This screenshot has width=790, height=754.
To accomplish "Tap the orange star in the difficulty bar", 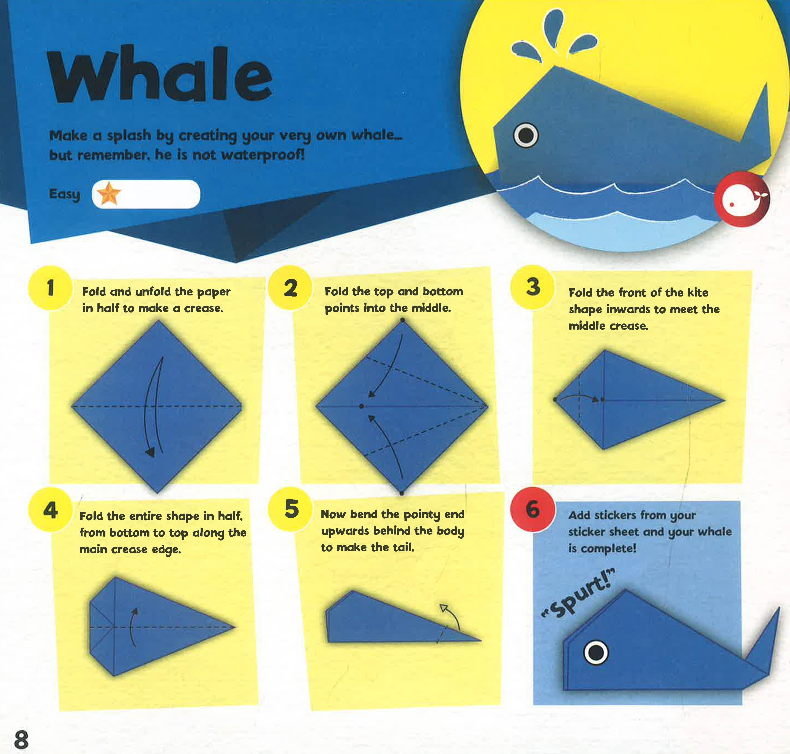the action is coord(108,193).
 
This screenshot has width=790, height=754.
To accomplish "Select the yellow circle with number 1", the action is coord(50,288).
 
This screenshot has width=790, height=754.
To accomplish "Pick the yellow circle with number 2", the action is coord(290,288).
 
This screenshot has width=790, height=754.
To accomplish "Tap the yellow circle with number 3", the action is coord(533,287).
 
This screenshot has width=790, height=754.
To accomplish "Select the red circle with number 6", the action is coord(533,510).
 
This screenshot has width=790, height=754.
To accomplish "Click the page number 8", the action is coord(21,739).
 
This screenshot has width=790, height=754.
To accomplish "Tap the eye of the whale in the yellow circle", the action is coord(526,135).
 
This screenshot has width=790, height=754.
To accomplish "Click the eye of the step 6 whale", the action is coord(596,653).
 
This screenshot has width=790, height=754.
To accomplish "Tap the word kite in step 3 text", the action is coord(698,293).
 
